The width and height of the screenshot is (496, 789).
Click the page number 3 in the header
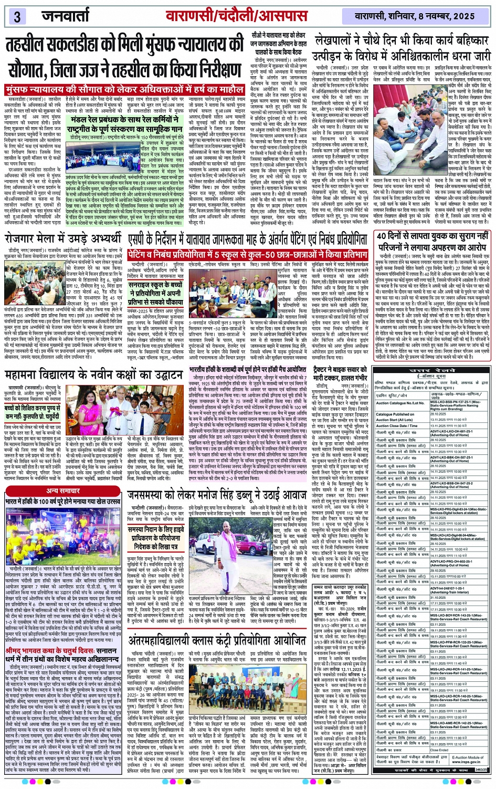(x=17, y=16)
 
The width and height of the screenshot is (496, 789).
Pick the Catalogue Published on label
(x=395, y=414)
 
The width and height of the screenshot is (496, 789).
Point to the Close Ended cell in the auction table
(x=439, y=750)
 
